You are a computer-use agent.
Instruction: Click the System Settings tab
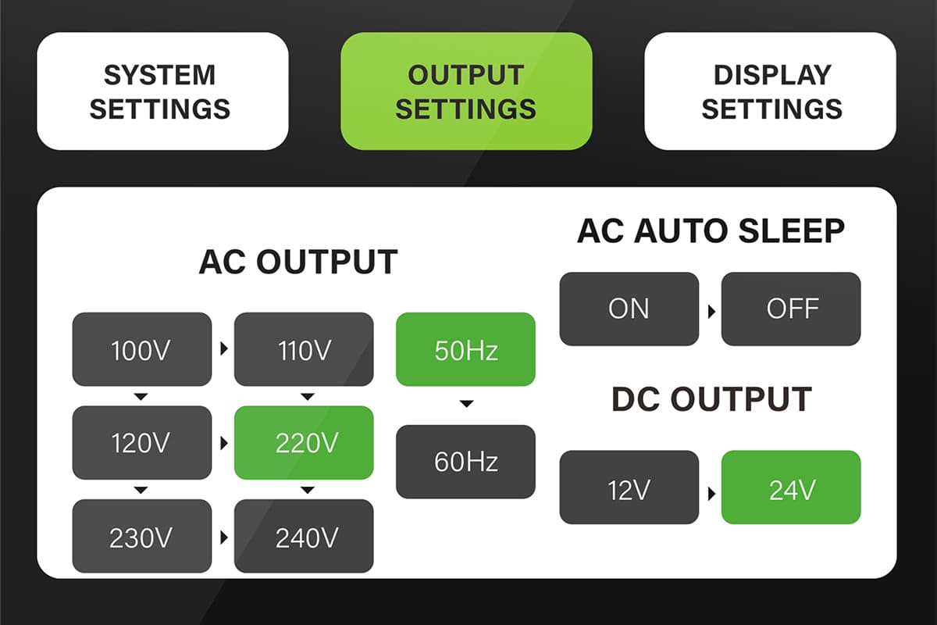162,91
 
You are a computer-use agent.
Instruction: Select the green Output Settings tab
466,91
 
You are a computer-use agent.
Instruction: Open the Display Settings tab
770,91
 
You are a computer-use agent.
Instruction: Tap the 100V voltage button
141,349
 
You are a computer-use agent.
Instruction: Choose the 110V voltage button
304,349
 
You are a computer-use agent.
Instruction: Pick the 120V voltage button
141,442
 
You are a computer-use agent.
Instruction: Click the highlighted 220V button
304,442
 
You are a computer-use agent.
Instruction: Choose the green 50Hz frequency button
465,349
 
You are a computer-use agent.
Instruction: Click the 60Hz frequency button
465,461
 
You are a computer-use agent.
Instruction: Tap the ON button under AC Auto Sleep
629,309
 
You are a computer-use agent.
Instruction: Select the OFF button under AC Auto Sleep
791,309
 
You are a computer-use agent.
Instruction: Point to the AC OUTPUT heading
297,262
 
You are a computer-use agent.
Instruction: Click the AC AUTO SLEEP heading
711,230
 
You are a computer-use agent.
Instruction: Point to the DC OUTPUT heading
711,399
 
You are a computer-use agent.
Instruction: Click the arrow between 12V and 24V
711,494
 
